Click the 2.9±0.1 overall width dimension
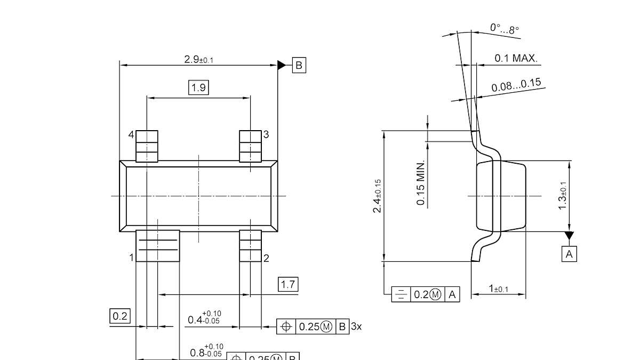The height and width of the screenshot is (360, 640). pos(198,59)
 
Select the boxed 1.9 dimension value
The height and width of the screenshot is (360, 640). pos(198,87)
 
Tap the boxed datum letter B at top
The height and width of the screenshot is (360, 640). pos(299,65)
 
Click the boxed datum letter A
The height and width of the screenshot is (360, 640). pos(569,254)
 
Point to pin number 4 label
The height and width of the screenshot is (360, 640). pos(131,135)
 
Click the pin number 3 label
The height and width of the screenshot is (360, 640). pos(266,134)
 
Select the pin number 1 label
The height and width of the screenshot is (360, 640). pos(131,258)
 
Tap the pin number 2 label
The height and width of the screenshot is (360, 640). pos(266,258)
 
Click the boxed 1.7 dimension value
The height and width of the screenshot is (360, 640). pos(288,284)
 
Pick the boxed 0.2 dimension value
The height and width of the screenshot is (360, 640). pos(120,316)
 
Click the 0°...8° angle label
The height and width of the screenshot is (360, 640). pos(505,29)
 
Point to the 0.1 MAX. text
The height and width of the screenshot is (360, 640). pos(516,58)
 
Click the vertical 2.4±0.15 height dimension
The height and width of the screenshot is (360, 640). pos(377,196)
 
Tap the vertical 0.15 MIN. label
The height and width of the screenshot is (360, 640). pos(421,182)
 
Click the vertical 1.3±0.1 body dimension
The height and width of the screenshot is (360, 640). pos(562,196)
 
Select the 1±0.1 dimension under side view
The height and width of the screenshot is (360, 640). pos(499,289)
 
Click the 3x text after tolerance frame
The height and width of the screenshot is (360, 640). pos(356,326)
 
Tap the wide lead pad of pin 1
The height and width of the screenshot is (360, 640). pos(158,246)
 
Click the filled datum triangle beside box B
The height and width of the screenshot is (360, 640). pos(282,65)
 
